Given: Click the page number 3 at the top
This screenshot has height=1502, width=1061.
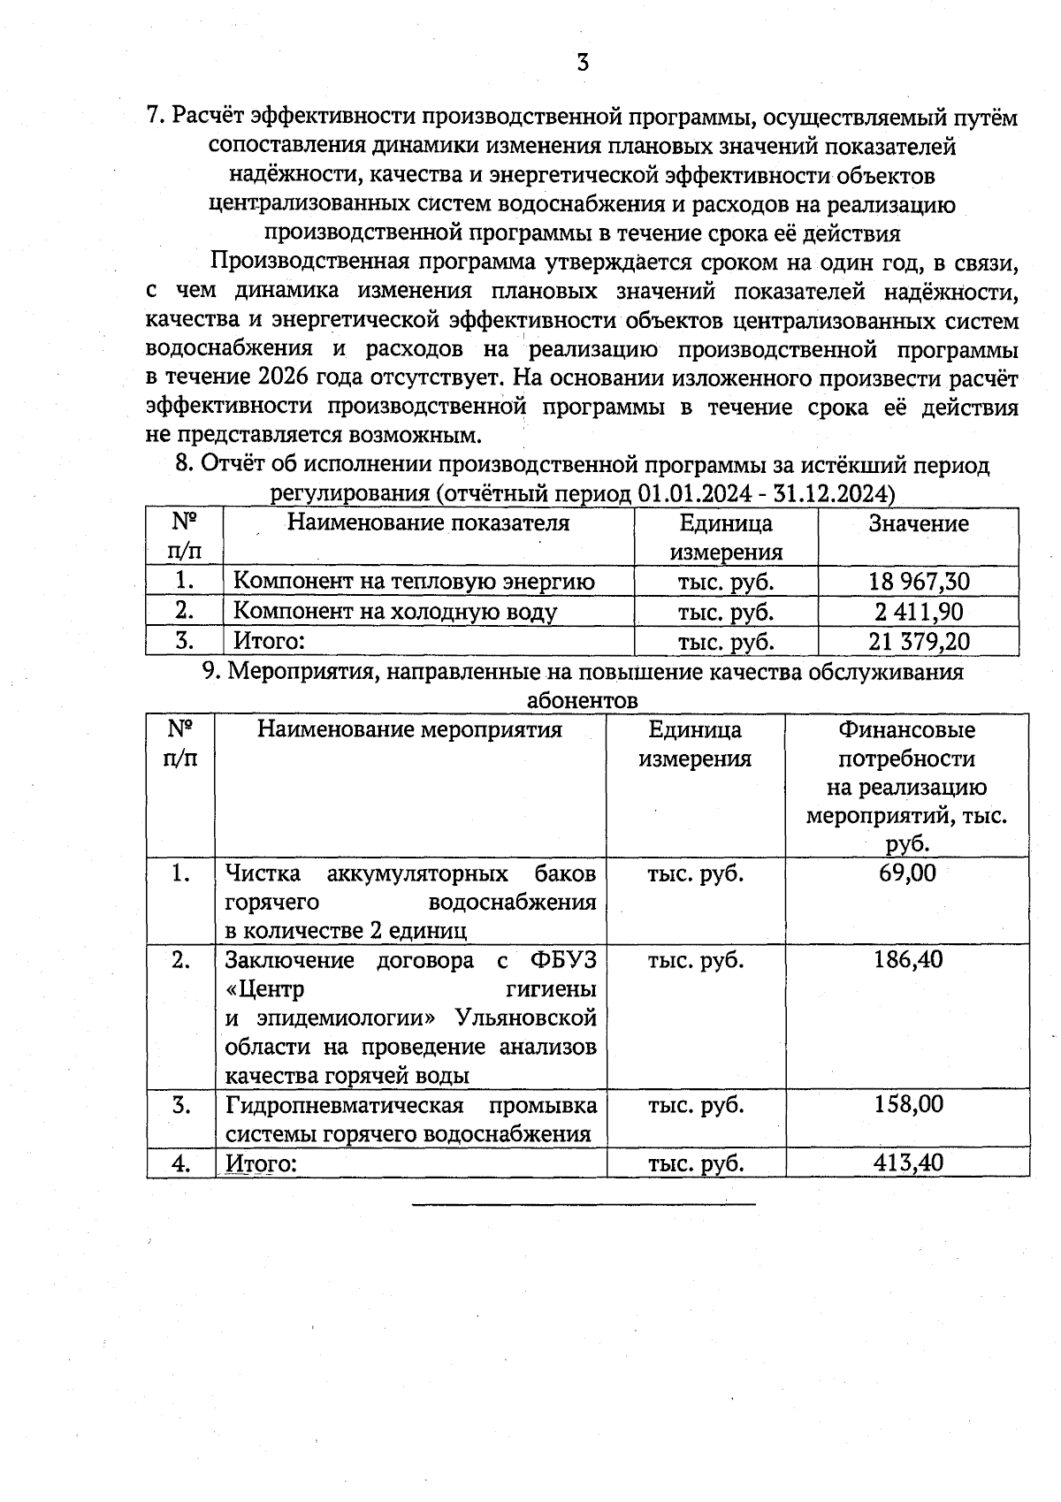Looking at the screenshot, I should pos(583,63).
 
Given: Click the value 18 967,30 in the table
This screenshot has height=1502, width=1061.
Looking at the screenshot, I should pos(919,582).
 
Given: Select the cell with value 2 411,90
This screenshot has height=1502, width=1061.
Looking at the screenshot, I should pos(919,612).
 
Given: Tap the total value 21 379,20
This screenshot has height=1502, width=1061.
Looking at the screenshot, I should pos(919,641).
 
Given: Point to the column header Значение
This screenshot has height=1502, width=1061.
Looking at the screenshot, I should pos(919,523).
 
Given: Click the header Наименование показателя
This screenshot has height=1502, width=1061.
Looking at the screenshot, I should pos(428,522).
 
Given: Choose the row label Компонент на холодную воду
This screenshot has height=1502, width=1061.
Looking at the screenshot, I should pos(394,612).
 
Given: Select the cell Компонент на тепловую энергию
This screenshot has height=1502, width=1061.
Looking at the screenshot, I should pos(413,582).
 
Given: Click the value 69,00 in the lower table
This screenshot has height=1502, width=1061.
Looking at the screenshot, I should pos(907,873).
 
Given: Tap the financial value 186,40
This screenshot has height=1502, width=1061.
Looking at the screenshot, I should pos(907,960).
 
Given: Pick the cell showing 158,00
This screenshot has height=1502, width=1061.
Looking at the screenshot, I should pos(907,1105).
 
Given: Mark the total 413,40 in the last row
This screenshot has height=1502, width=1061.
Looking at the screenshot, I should pos(907,1163).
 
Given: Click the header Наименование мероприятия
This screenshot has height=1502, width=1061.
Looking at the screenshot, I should pos(410,729).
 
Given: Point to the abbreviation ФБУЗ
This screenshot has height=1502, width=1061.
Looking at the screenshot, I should pos(563,960).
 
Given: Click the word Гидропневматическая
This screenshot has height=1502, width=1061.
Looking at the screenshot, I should pos(345,1105).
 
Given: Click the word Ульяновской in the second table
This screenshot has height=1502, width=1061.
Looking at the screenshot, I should pos(526,1018).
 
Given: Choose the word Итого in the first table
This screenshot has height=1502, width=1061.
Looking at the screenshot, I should pos(268,641).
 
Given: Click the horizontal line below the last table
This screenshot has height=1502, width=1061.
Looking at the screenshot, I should pos(584,1204).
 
